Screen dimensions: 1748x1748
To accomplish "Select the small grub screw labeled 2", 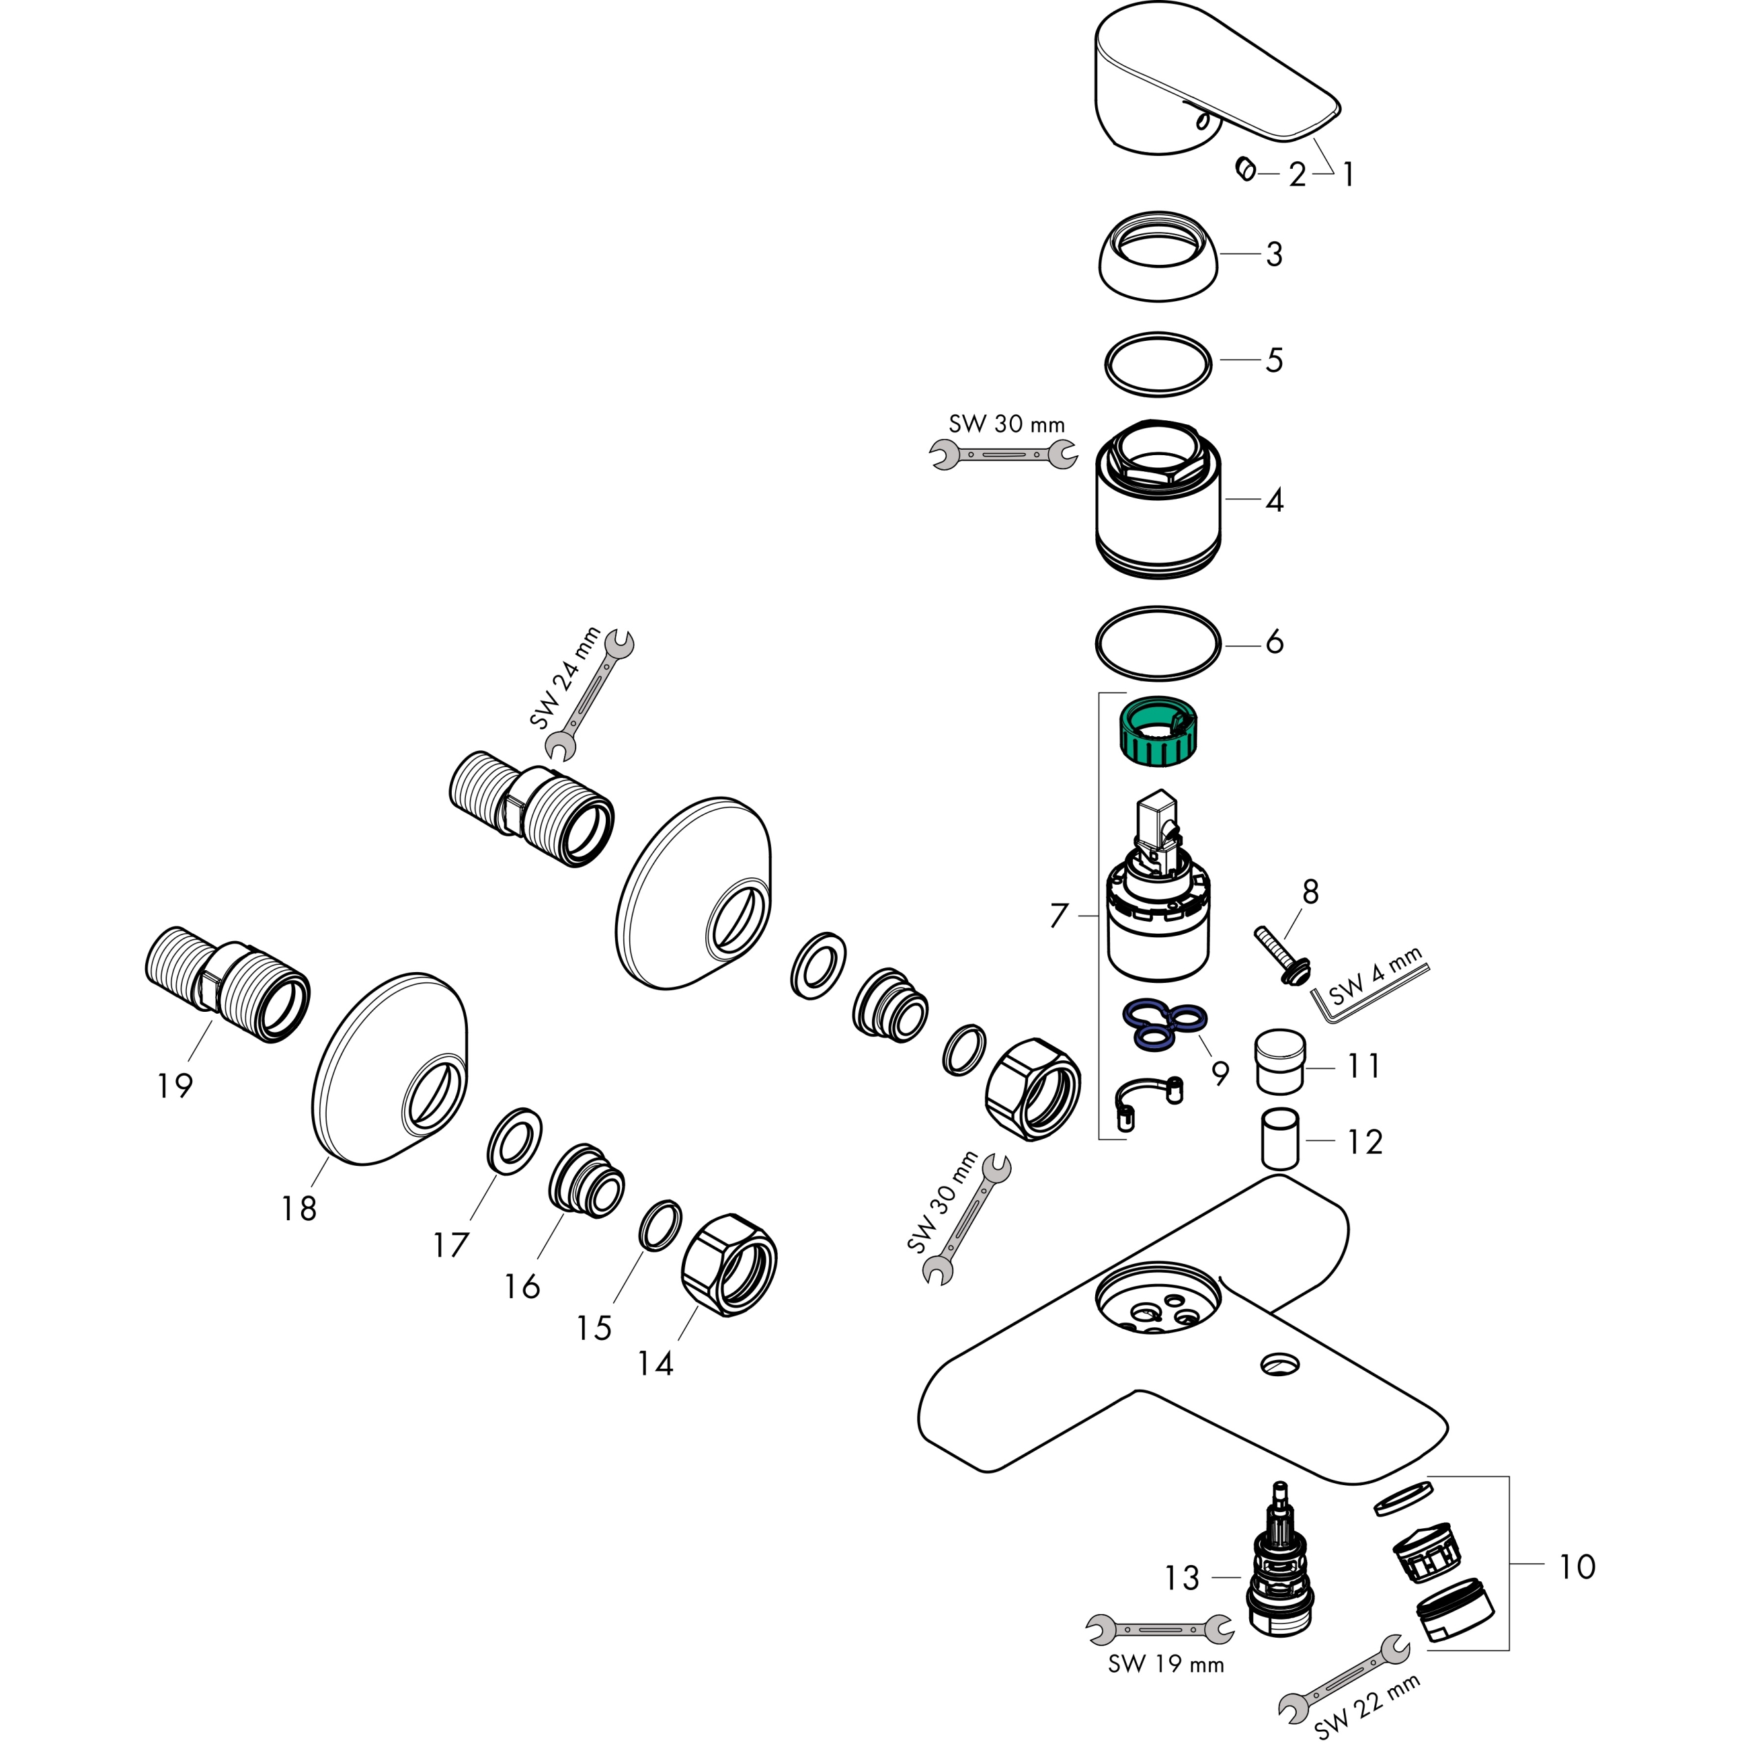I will tap(1245, 169).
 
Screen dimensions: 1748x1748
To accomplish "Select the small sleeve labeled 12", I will tap(1280, 1138).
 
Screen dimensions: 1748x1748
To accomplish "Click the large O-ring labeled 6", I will tap(1158, 642).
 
